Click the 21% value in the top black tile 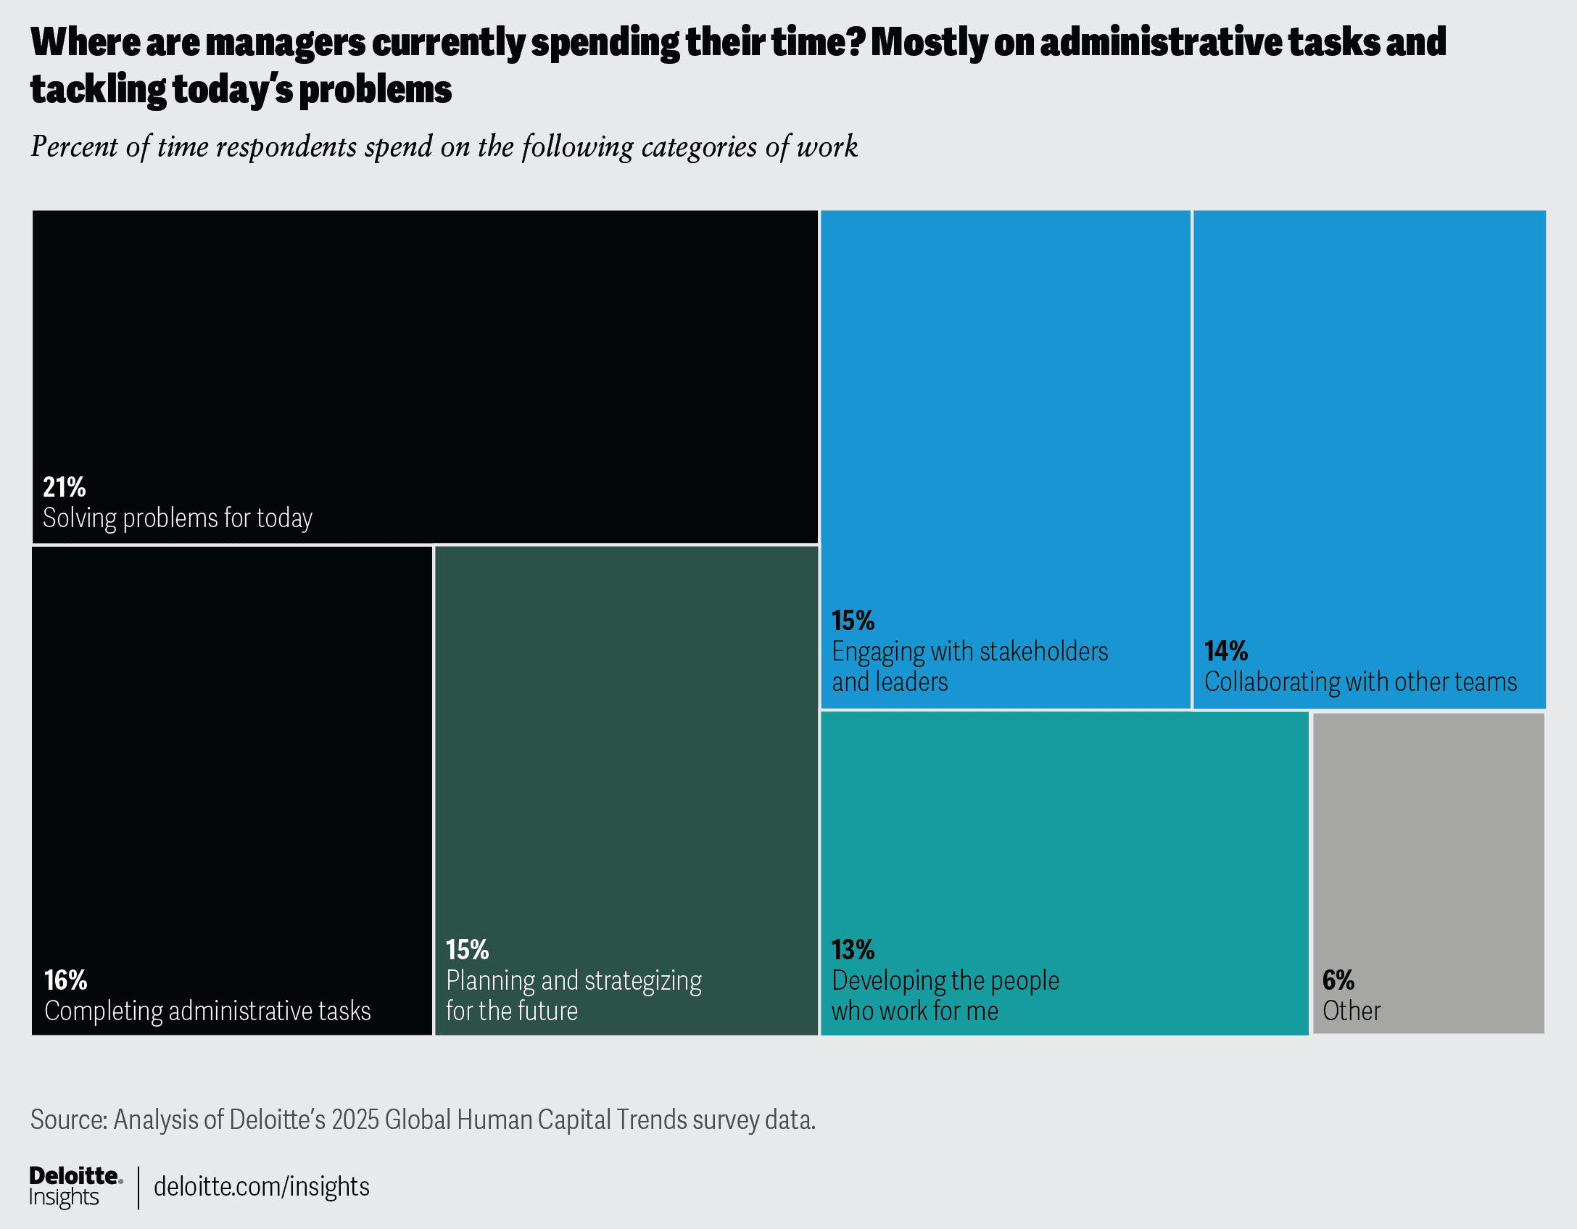65,487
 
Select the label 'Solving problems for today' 178,518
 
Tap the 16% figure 66,980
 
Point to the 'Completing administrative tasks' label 207,1011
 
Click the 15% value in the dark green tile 468,950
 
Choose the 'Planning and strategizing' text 574,980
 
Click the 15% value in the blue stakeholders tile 853,621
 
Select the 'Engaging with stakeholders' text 969,651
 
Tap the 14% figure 1226,651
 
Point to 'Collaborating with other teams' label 1360,682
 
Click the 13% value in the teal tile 853,950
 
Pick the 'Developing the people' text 945,980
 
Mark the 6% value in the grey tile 1338,980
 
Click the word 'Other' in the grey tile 1352,1011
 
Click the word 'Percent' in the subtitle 75,146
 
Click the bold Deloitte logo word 74,1175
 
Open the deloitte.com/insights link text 262,1187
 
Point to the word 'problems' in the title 376,90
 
